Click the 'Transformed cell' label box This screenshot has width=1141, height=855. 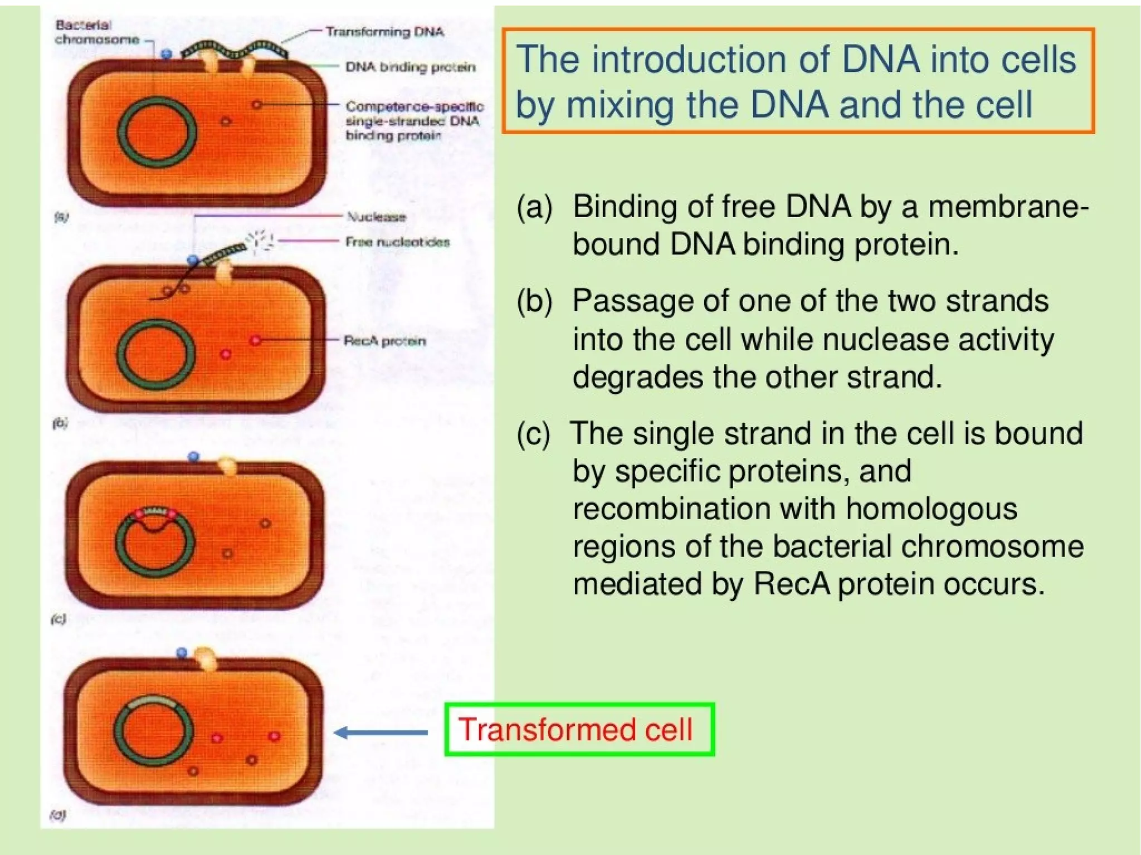(x=579, y=729)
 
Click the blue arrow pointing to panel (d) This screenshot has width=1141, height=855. (x=382, y=732)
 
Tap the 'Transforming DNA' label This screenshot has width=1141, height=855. (x=384, y=32)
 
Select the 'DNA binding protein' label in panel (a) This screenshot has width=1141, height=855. (x=411, y=67)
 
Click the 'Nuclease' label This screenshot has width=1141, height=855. (x=376, y=217)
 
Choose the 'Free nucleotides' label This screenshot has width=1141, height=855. (x=397, y=242)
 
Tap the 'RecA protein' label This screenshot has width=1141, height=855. (x=384, y=341)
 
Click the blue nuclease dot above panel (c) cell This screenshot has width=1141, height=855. (x=194, y=457)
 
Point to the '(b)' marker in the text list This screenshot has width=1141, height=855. (x=534, y=301)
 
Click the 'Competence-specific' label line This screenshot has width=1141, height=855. (x=414, y=106)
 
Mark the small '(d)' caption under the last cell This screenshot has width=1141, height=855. (x=58, y=815)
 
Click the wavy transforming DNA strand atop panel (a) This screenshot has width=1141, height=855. (x=234, y=49)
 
